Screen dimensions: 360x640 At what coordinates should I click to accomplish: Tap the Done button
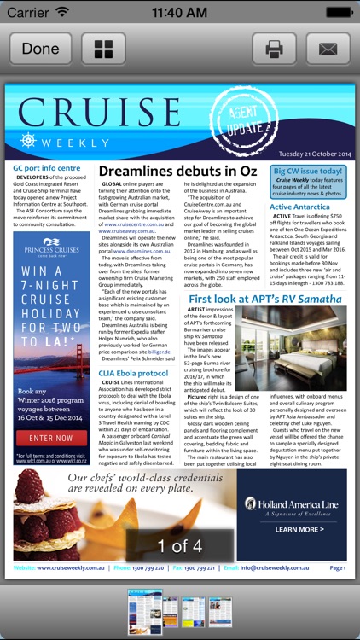[x=40, y=49]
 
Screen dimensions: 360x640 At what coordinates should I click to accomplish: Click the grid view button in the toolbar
[x=103, y=49]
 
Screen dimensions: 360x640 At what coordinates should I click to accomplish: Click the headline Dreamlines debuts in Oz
[x=177, y=172]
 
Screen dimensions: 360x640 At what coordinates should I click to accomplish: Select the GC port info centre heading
[x=47, y=168]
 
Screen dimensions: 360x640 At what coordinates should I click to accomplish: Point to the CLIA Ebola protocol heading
[x=133, y=373]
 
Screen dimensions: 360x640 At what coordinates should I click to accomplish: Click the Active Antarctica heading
[x=300, y=207]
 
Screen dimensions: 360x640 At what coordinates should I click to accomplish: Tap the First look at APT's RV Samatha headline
[x=265, y=300]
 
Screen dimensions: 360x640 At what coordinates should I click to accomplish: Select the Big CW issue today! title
[x=308, y=172]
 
